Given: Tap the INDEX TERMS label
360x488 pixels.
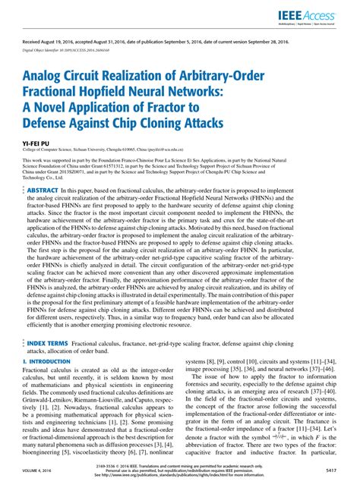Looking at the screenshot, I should [x=46, y=343].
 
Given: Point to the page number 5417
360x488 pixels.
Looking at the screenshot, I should [x=330, y=471].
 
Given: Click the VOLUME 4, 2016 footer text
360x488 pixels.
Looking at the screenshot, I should [x=39, y=471].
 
